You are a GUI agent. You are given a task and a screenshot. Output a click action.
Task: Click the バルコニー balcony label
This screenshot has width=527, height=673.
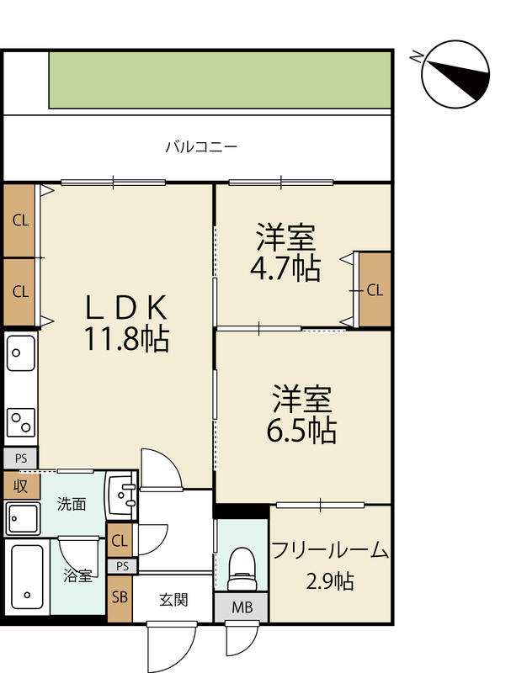pyautogui.click(x=201, y=147)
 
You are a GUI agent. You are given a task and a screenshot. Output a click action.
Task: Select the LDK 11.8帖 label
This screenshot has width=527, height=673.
pyautogui.click(x=126, y=323)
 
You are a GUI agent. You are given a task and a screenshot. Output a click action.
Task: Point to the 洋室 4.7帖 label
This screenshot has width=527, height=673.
pyautogui.click(x=285, y=252)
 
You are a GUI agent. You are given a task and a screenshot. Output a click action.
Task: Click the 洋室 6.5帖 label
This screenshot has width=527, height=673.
pyautogui.click(x=301, y=414)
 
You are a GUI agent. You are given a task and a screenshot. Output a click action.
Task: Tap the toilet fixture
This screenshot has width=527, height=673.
pyautogui.click(x=242, y=570)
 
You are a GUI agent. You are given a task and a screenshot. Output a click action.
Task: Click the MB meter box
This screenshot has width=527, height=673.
pyautogui.click(x=242, y=607)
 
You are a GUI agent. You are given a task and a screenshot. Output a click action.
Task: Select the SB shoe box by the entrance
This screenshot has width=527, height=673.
pyautogui.click(x=120, y=599)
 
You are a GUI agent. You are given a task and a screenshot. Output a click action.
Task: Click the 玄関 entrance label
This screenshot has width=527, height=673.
pyautogui.click(x=173, y=600)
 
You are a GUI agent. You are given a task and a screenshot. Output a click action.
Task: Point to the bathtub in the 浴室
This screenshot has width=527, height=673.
pyautogui.click(x=27, y=576)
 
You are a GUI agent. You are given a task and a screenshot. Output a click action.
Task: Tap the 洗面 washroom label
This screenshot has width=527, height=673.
pyautogui.click(x=72, y=504)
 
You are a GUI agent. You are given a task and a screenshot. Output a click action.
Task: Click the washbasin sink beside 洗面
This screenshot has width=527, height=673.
pyautogui.click(x=122, y=495)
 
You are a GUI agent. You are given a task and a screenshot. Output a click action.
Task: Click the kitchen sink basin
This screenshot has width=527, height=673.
pyautogui.click(x=20, y=352)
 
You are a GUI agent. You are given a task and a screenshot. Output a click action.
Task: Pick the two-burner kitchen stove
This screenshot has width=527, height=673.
pyautogui.click(x=20, y=422)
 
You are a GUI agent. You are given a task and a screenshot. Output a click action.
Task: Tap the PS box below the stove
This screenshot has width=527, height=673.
pyautogui.click(x=20, y=458)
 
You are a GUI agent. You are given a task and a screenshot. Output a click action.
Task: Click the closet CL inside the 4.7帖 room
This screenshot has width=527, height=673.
pyautogui.click(x=375, y=290)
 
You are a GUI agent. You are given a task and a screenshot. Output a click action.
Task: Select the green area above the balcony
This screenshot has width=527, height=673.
pyautogui.click(x=220, y=80)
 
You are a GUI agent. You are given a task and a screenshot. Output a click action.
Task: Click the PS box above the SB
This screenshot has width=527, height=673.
pyautogui.click(x=122, y=566)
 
